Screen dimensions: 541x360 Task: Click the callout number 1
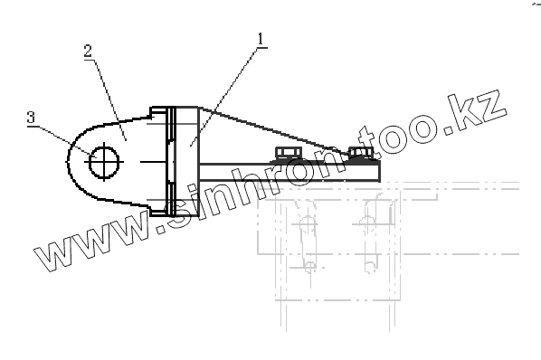coord(261,39)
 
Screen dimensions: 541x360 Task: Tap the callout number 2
coord(89,51)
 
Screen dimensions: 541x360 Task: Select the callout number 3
coord(31,118)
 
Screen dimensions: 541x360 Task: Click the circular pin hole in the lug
coord(104,162)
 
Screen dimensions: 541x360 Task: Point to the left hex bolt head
coord(289,153)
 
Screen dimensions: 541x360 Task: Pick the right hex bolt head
coord(361,153)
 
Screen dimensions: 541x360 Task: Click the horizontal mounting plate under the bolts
coord(289,172)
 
